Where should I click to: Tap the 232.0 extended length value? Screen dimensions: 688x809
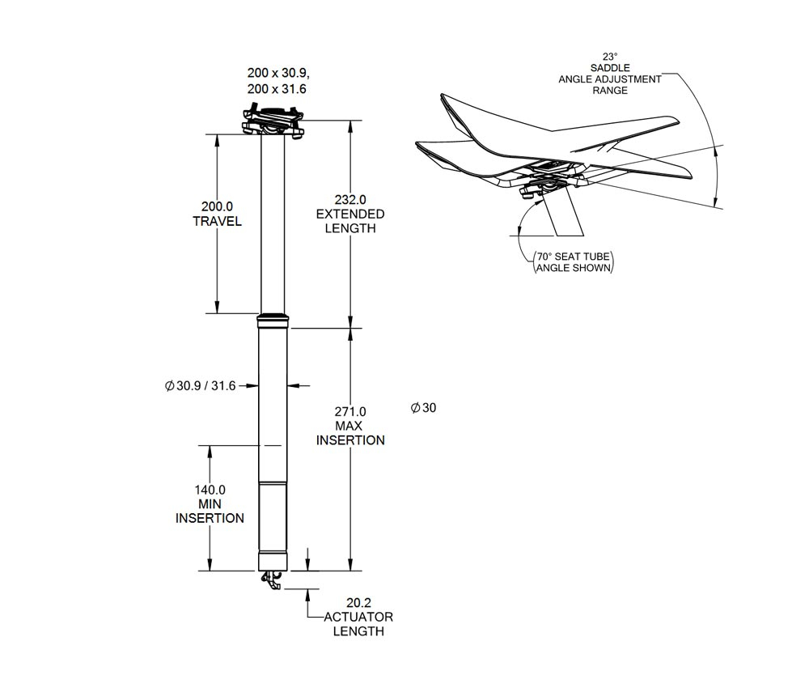tap(350, 199)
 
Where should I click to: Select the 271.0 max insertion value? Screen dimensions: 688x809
tap(350, 411)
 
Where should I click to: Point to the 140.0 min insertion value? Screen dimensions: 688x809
tap(210, 489)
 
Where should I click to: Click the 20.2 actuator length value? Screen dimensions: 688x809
tap(358, 602)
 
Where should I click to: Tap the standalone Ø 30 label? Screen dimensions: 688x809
tap(423, 408)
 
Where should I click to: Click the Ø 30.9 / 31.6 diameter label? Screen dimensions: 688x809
tap(200, 386)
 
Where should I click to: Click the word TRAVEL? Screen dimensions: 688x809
tap(217, 221)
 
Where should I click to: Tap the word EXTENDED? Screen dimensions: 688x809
tap(350, 214)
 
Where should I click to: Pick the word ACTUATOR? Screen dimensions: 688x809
tap(358, 617)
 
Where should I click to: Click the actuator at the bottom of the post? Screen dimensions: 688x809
tap(273, 580)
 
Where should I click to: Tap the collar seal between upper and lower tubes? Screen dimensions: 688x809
tap(273, 320)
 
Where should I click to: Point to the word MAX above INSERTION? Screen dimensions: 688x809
tap(350, 426)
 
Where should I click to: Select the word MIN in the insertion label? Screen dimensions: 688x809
tap(210, 503)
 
